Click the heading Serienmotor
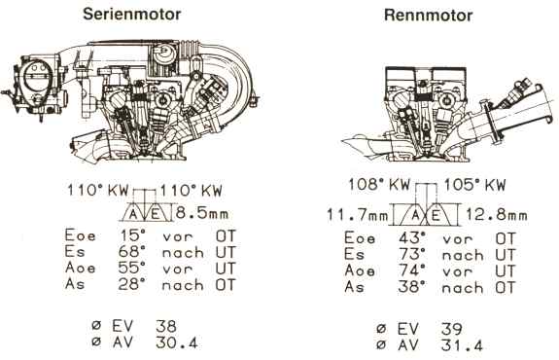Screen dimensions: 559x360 click(x=132, y=15)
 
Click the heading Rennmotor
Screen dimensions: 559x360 click(x=428, y=16)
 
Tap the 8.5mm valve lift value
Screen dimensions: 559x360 click(x=202, y=213)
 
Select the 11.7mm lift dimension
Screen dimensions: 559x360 click(x=357, y=215)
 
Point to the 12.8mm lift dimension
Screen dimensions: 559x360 click(x=497, y=215)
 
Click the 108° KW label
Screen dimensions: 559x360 click(x=378, y=185)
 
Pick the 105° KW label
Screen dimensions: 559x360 click(x=474, y=185)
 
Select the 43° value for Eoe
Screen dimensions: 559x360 click(x=412, y=238)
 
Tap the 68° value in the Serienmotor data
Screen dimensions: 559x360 click(x=132, y=252)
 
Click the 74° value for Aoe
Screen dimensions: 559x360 click(x=412, y=270)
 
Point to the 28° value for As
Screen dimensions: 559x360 click(x=132, y=284)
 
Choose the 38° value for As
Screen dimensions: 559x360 click(x=412, y=286)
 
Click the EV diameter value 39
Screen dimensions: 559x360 click(x=451, y=329)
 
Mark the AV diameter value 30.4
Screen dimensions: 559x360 click(x=177, y=342)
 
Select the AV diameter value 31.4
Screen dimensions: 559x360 click(x=462, y=345)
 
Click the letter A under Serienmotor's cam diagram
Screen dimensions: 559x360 click(x=133, y=214)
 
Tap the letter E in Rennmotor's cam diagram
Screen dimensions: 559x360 click(x=436, y=215)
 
